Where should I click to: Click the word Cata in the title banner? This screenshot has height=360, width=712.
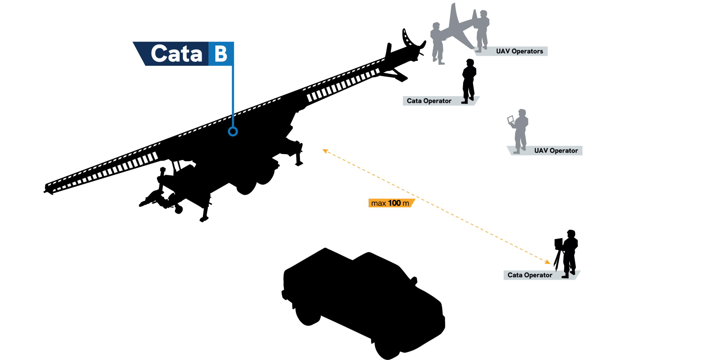(176, 54)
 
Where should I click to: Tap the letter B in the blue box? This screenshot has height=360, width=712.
(221, 54)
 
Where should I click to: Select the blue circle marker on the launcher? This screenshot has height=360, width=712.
(233, 131)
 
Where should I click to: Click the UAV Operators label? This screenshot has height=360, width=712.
(519, 51)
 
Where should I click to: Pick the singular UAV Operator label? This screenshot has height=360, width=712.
(556, 151)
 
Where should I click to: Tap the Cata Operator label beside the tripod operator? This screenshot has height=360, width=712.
(530, 275)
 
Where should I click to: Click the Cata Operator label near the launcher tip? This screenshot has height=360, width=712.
(429, 101)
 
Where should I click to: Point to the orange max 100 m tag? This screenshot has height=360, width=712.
(390, 203)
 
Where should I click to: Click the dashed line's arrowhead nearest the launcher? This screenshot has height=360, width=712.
(325, 151)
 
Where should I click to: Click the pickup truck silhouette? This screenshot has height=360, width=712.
(362, 300)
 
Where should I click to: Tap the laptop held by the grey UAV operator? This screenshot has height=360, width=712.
(510, 120)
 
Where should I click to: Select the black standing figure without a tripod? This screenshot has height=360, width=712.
(469, 81)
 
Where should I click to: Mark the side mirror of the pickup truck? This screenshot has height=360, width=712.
(414, 280)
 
